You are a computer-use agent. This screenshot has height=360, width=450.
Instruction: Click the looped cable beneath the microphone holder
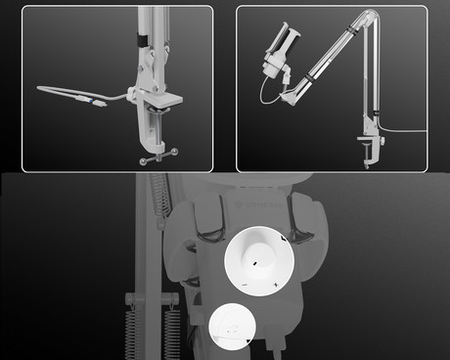tap(266, 91)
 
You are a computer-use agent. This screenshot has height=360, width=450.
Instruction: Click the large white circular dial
tap(259, 261)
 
